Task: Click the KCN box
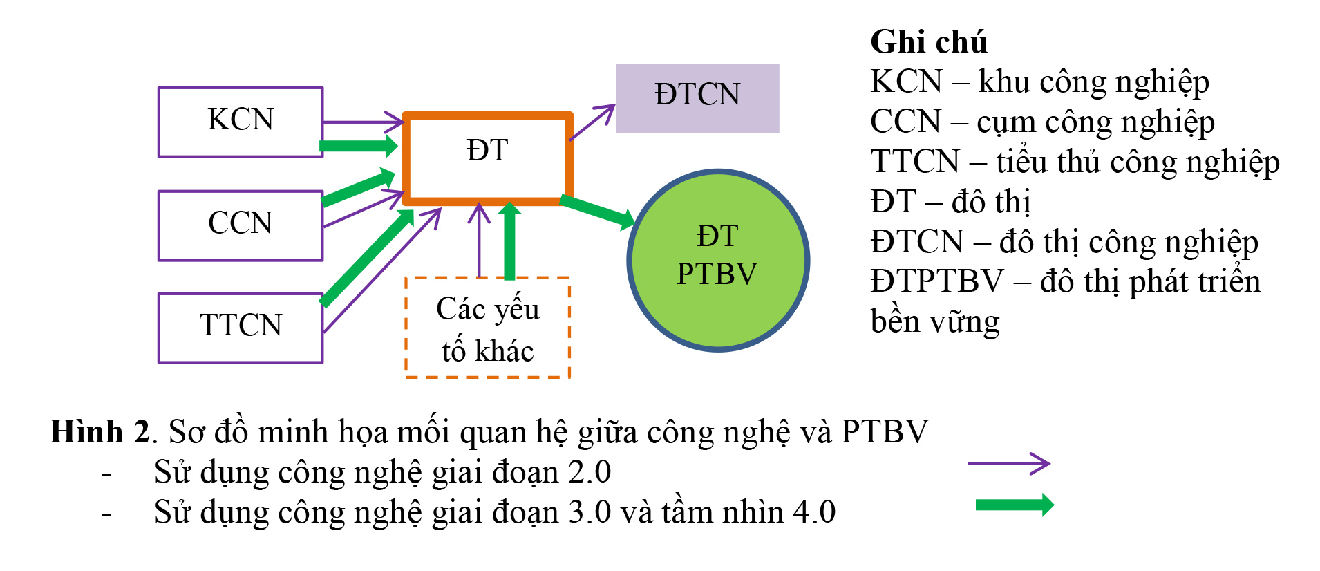click(x=241, y=122)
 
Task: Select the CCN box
click(x=241, y=225)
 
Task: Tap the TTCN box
click(x=241, y=328)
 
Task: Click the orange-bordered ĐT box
click(x=487, y=158)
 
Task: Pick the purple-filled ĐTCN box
click(x=697, y=97)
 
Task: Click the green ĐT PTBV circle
click(x=718, y=261)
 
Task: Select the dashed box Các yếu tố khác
click(x=487, y=328)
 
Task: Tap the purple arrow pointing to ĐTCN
click(x=592, y=122)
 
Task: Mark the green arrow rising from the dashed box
click(x=509, y=242)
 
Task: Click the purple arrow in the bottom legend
click(x=1008, y=463)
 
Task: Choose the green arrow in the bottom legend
click(x=1014, y=505)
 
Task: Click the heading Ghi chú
click(x=928, y=42)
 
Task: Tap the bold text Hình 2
click(x=100, y=432)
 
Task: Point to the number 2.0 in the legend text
click(x=590, y=472)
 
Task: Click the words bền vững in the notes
click(x=934, y=322)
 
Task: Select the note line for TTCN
click(x=1075, y=162)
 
